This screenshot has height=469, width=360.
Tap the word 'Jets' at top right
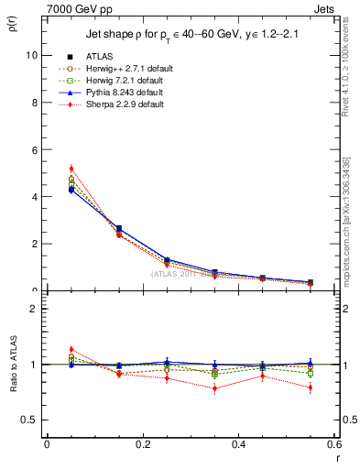325,7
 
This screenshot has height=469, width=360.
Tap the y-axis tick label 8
33,103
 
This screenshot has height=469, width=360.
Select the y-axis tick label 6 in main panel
33,149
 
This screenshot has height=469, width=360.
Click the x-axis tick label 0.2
142,444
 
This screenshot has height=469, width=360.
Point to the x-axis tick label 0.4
238,444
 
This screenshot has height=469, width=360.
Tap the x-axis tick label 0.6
333,444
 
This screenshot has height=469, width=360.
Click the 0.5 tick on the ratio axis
28,420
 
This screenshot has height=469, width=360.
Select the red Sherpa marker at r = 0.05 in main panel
71,169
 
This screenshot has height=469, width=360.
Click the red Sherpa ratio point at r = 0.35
214,388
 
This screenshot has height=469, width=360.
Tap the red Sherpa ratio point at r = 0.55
311,387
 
